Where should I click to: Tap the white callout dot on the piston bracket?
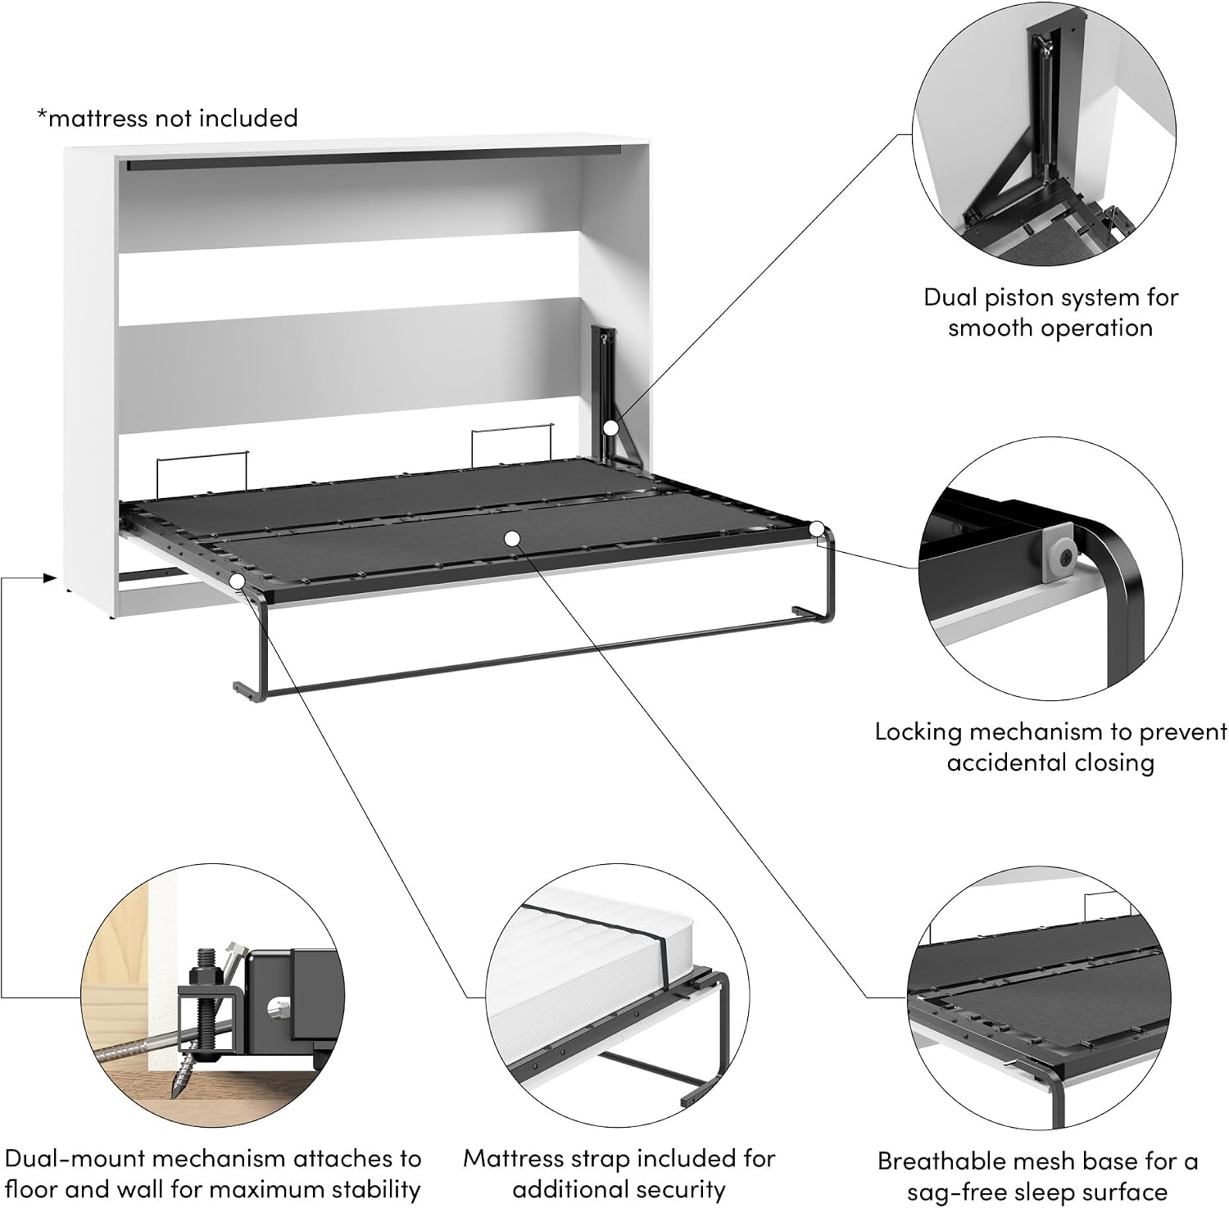(x=610, y=428)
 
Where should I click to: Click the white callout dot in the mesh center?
(x=512, y=538)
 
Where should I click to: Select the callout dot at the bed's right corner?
(x=817, y=529)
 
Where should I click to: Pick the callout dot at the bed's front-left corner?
(x=238, y=581)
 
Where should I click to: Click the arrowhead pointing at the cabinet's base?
(x=50, y=578)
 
